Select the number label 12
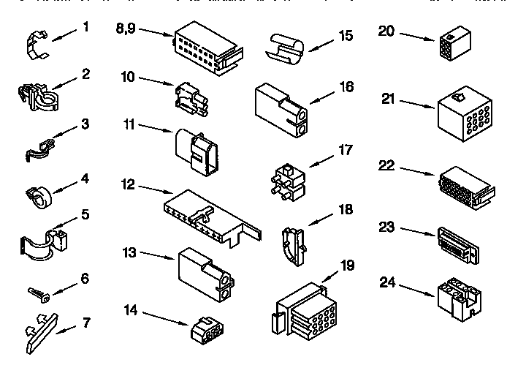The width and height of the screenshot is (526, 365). (128, 184)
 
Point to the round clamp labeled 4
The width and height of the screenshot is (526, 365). (42, 197)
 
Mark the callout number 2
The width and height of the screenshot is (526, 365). (86, 74)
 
